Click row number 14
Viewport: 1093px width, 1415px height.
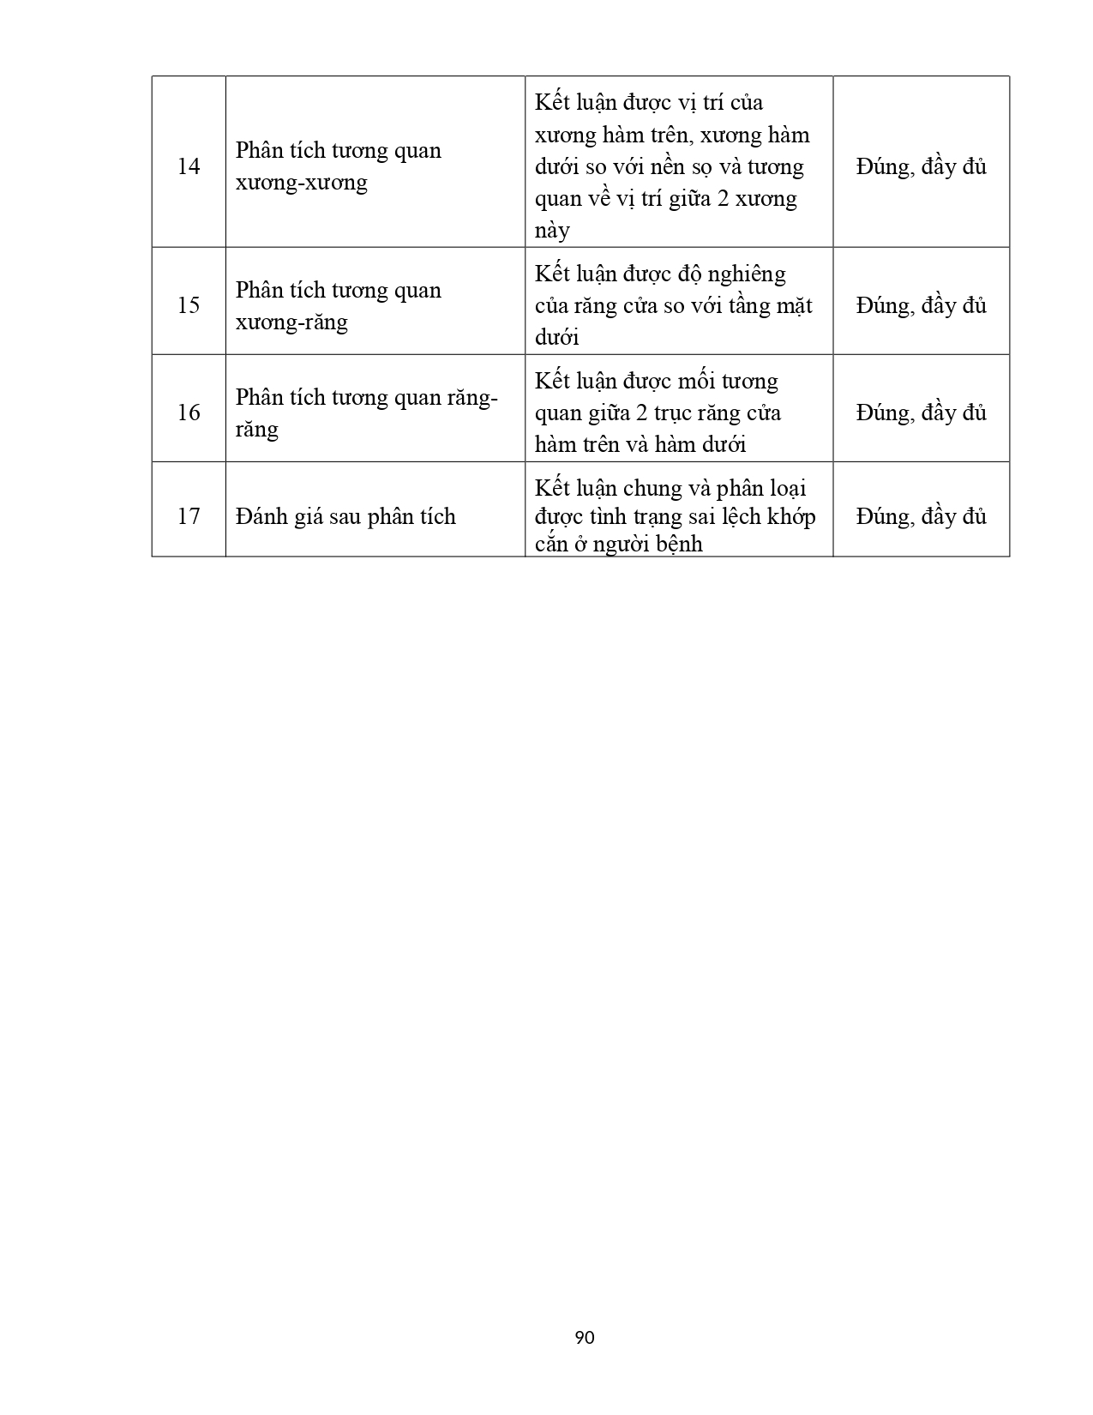(x=189, y=166)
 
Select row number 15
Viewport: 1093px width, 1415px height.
(x=189, y=305)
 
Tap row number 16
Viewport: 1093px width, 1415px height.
(x=189, y=412)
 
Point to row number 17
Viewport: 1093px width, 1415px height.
(x=189, y=516)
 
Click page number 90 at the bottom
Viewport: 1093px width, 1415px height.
(x=585, y=1337)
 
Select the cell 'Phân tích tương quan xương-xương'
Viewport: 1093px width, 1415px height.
(x=338, y=166)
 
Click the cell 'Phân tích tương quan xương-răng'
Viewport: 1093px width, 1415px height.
(x=338, y=306)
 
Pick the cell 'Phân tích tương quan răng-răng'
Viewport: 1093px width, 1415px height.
(x=366, y=412)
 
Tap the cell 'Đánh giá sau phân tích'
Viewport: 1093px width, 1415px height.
(x=345, y=516)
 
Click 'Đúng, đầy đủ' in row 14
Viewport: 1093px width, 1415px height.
(x=921, y=166)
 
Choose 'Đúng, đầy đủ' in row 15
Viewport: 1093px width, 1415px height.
(x=921, y=305)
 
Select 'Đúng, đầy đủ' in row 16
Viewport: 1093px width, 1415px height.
(x=921, y=412)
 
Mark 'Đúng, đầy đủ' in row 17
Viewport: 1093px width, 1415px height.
(x=921, y=516)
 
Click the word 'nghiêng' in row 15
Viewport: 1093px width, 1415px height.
(x=744, y=274)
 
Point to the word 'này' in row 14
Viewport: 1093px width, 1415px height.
(x=552, y=231)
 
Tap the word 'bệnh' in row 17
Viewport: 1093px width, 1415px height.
(x=679, y=544)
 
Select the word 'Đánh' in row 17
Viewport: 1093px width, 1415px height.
(x=261, y=516)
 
